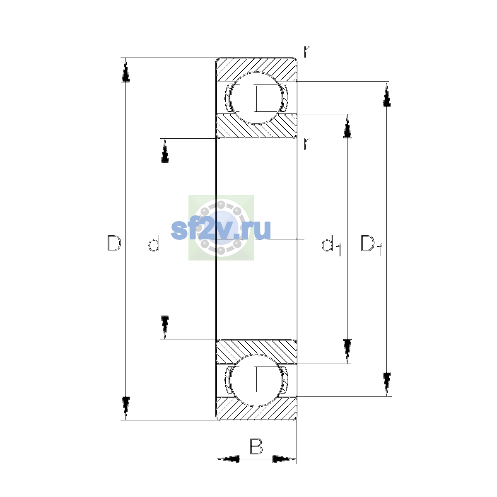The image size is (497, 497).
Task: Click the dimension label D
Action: tap(114, 243)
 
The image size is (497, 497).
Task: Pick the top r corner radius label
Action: tap(307, 52)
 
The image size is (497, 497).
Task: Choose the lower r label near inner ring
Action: tap(307, 144)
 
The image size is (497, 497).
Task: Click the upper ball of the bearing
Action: tap(256, 98)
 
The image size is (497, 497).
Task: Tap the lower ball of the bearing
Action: tap(256, 381)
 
